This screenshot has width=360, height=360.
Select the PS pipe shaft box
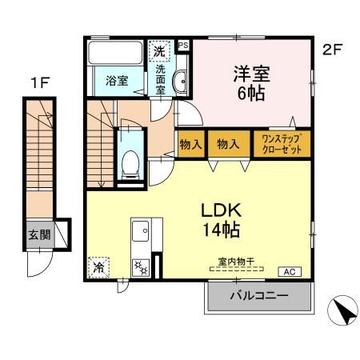pos(183,46)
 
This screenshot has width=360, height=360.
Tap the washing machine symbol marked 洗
pos(159,50)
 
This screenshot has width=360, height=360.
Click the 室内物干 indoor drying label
pos(234,261)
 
